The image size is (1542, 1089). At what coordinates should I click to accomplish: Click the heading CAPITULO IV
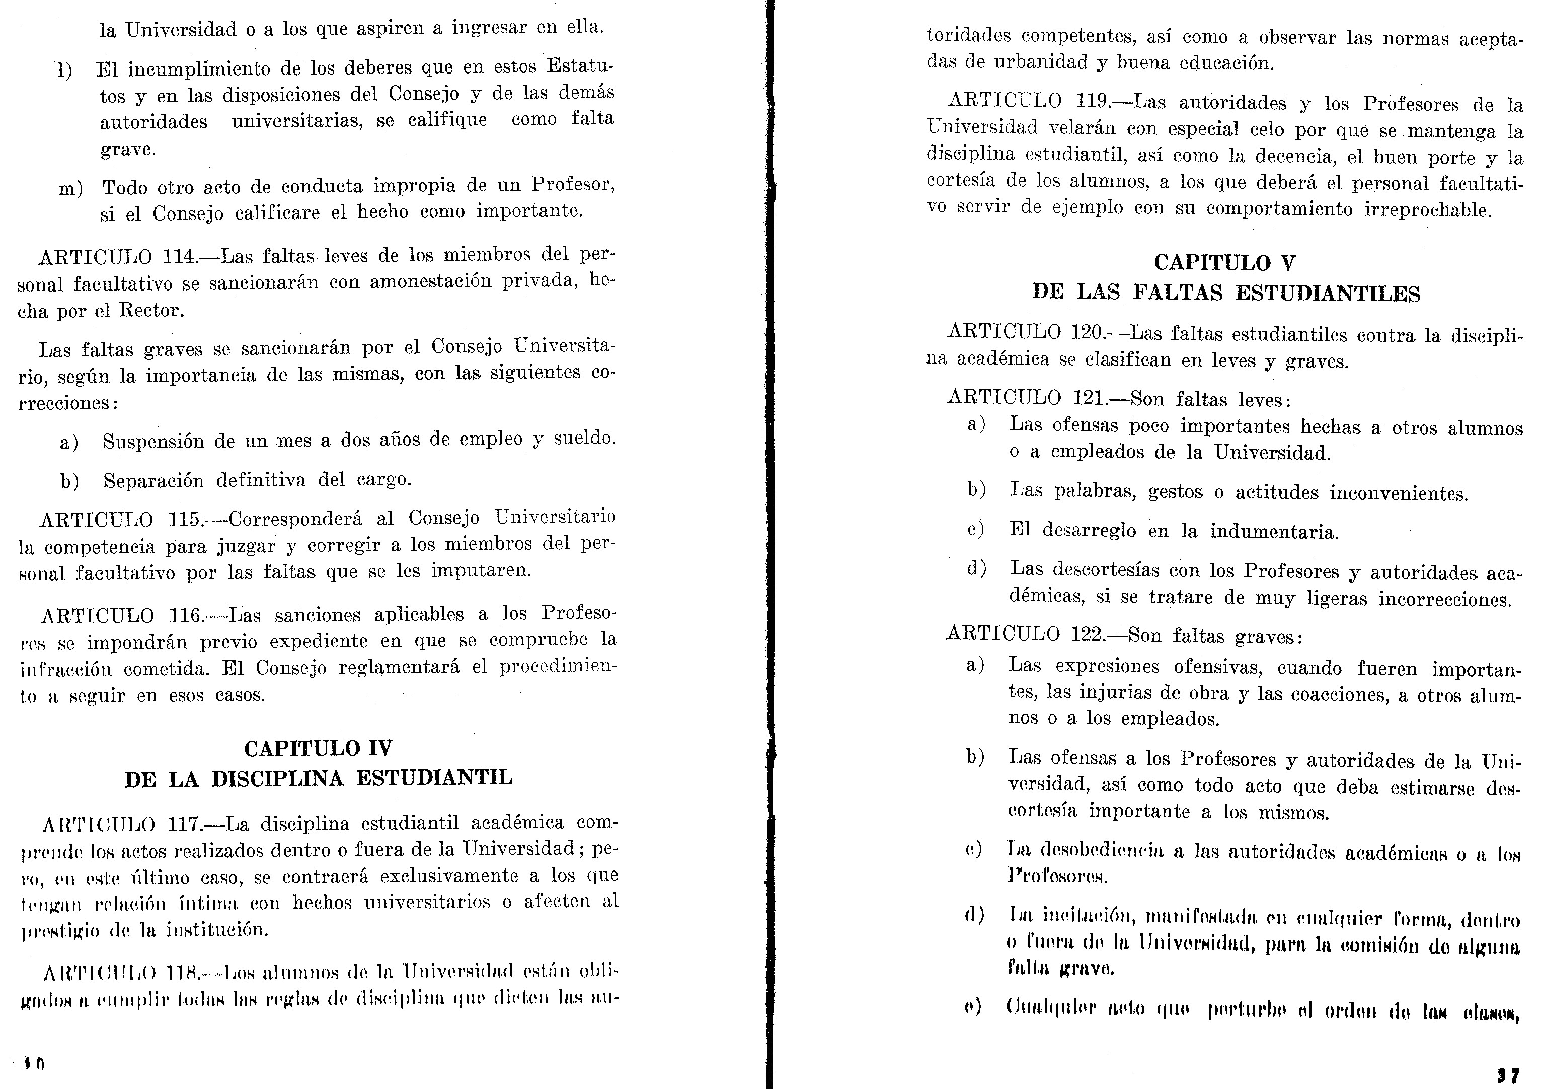pos(319,748)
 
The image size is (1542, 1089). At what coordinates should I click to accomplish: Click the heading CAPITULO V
pos(1225,263)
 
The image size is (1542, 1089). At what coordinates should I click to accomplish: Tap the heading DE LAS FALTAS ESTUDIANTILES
pos(1225,294)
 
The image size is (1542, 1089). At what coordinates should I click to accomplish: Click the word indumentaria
pos(1274,532)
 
